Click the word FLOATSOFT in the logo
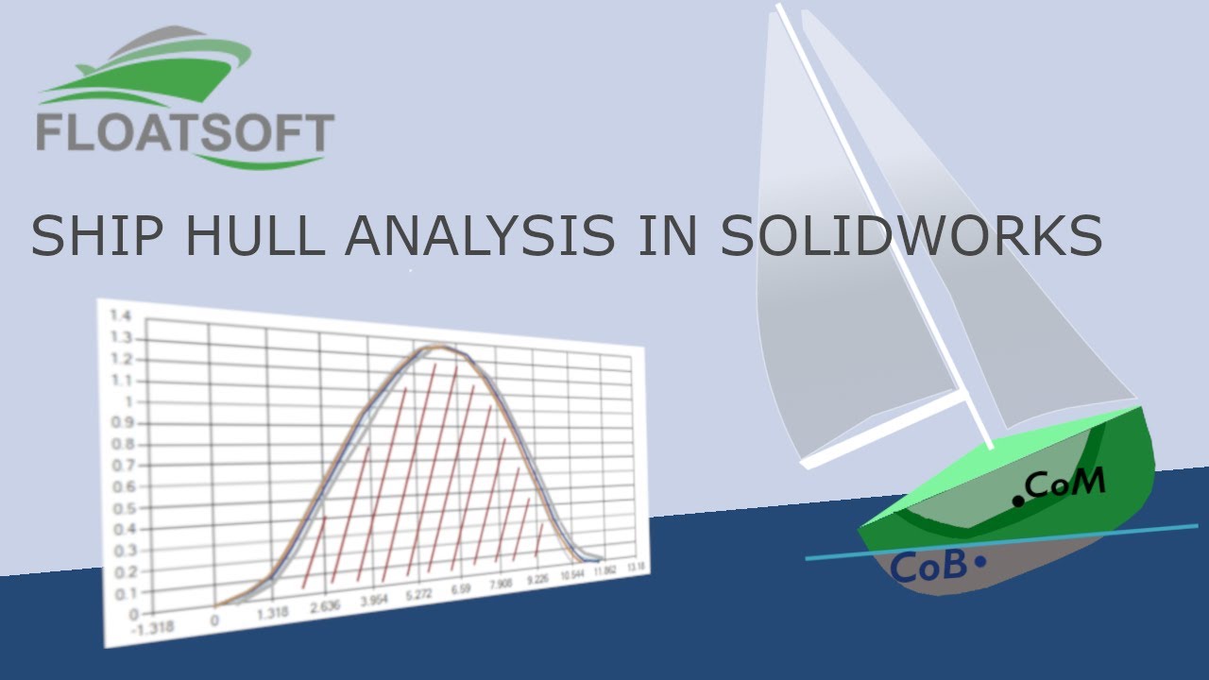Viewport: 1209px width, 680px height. point(185,133)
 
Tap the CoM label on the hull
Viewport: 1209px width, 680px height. point(1064,484)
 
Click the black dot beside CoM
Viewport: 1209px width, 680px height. point(1017,501)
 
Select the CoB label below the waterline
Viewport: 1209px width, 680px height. point(929,567)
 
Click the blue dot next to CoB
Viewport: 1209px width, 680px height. point(979,563)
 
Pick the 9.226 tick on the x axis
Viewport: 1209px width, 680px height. point(537,581)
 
